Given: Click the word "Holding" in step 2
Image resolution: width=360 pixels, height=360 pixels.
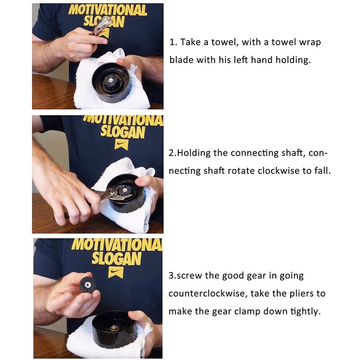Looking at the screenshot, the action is coord(193,153).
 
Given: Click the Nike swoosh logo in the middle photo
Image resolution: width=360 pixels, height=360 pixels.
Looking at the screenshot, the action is coord(121,144).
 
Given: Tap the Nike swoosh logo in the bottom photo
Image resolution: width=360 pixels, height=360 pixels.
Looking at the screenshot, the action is coord(116,272).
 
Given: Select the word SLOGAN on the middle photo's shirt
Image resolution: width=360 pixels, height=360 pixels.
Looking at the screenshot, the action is coord(123,132).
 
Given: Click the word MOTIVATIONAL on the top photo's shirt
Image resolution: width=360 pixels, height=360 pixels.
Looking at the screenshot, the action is coord(108,10).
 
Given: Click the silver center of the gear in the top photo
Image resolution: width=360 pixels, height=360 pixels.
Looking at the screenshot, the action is coord(110,80).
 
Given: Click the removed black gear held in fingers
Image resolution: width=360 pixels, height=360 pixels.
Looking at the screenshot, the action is coord(87,285).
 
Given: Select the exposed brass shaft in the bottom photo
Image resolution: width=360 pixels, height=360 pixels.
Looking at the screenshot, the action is coord(113,328).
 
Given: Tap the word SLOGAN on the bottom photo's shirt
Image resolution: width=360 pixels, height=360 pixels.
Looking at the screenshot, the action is coord(117,258).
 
